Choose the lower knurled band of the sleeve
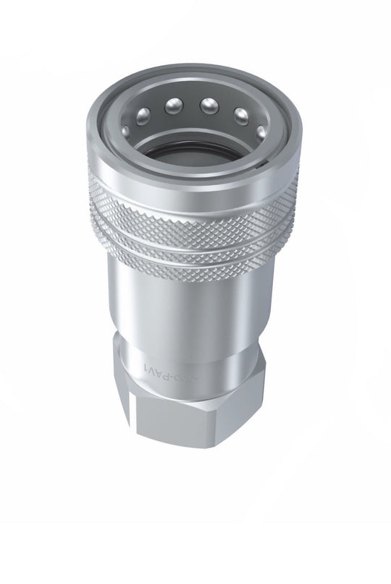(192, 265)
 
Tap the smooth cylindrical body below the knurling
(192, 318)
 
